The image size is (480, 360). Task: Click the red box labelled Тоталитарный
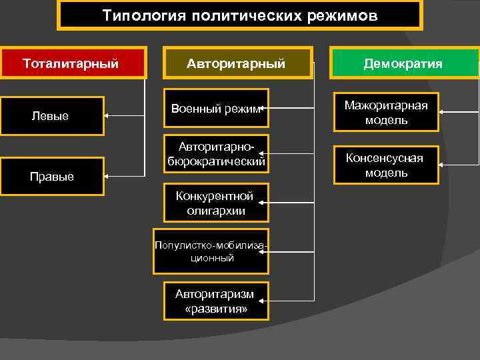[72, 64]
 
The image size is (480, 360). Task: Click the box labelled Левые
[51, 116]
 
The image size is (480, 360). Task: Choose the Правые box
[51, 177]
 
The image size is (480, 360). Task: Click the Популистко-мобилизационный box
[211, 251]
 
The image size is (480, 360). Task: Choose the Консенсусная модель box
[386, 165]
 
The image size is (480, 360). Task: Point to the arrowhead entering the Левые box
[107, 116]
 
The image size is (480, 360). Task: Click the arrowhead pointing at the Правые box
[107, 177]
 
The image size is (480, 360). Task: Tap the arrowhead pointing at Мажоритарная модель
[441, 112]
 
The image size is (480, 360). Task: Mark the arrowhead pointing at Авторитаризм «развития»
[271, 301]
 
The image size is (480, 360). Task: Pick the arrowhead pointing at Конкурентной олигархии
[271, 203]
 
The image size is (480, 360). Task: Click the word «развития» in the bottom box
[216, 309]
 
